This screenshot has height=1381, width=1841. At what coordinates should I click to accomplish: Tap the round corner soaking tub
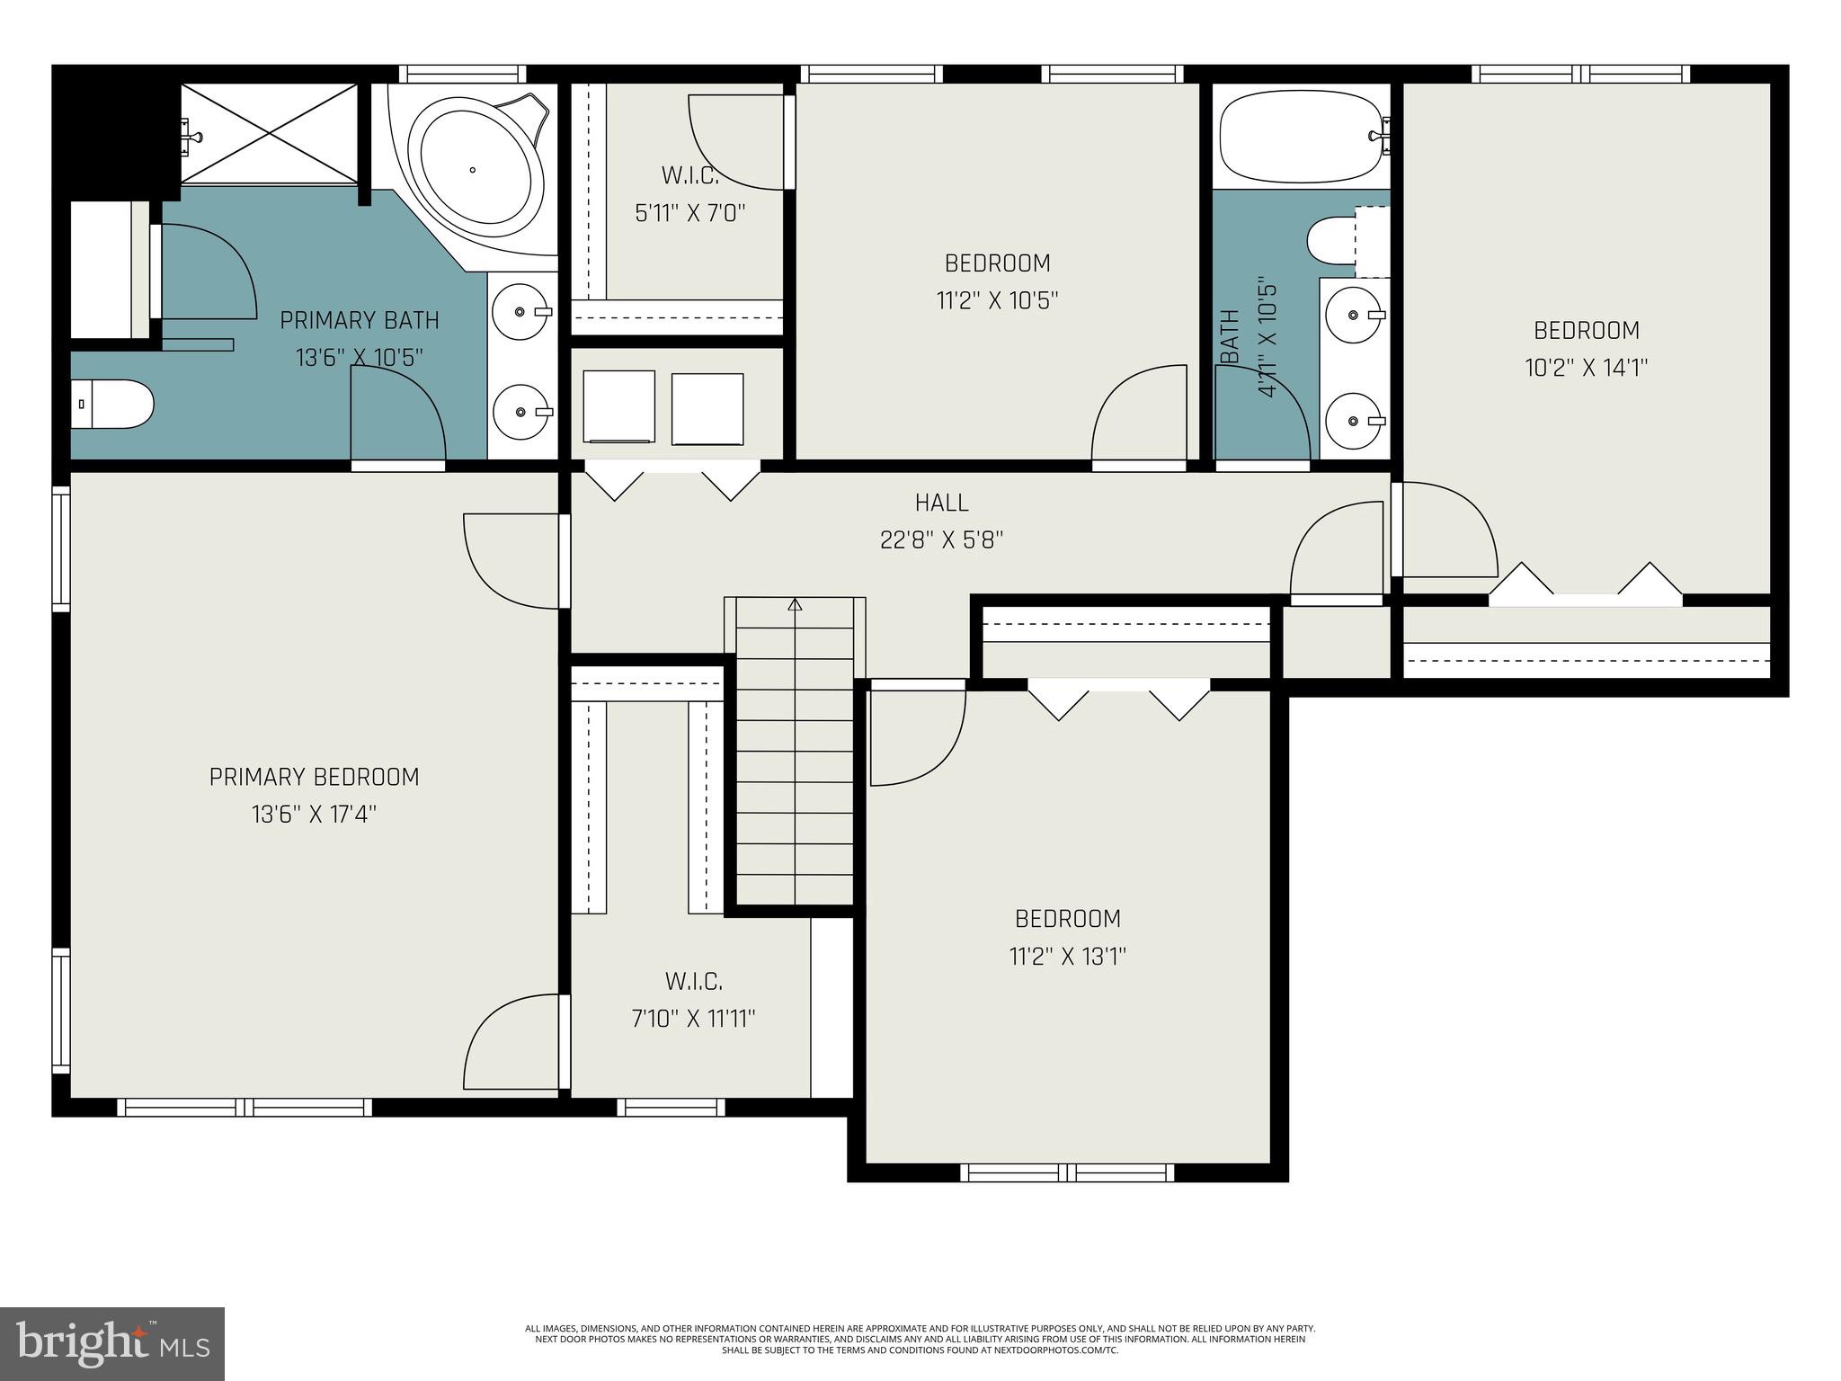[474, 170]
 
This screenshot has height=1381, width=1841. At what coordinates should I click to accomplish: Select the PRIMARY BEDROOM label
[314, 777]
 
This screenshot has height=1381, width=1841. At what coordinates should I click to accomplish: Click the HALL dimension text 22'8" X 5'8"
[941, 539]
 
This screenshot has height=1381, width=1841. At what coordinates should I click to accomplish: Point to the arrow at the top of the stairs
[795, 605]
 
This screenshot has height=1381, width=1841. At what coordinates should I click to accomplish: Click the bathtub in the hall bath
[1300, 137]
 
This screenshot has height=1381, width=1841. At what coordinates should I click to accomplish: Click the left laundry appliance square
[618, 406]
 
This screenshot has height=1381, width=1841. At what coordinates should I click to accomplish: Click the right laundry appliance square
[707, 409]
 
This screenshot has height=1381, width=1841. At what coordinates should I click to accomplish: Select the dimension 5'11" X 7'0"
[690, 213]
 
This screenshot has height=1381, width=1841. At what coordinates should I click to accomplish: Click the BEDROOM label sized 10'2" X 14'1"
[1587, 331]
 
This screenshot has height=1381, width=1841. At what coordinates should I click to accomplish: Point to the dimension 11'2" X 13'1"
[1068, 956]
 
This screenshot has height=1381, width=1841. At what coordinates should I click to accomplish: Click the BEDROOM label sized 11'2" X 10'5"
[997, 263]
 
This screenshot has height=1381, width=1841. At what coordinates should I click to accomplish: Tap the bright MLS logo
[112, 1343]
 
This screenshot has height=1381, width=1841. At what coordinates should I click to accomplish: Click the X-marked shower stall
[271, 134]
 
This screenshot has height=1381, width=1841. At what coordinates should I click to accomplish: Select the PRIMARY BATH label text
[360, 320]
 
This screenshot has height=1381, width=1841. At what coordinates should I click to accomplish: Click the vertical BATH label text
[1230, 338]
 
